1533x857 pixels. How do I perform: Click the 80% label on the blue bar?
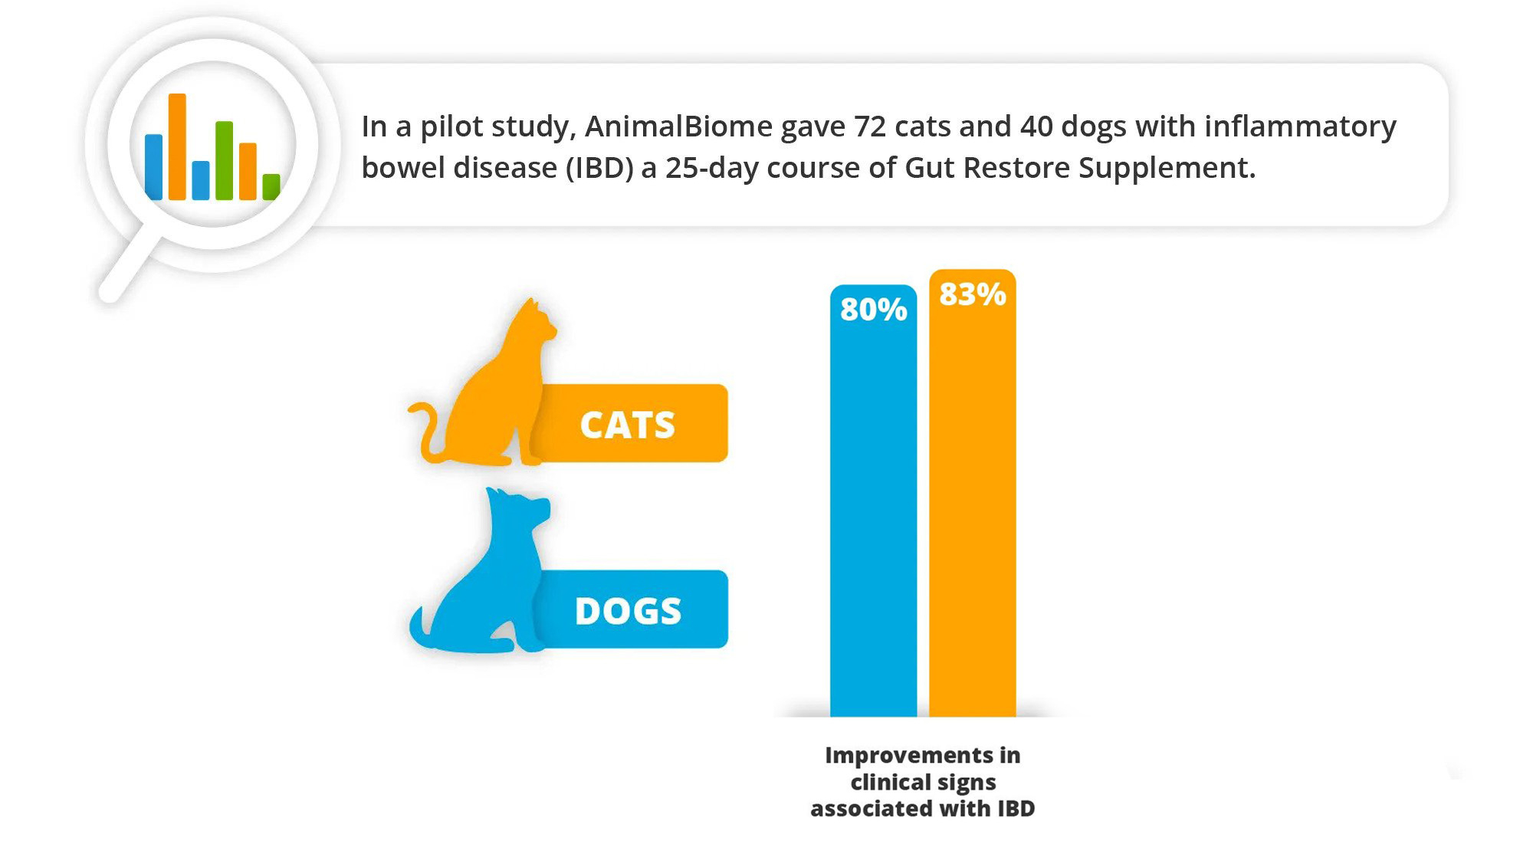(873, 310)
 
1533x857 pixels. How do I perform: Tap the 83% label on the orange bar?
(973, 294)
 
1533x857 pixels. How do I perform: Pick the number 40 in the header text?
(1036, 126)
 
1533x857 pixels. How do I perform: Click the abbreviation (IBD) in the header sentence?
(599, 168)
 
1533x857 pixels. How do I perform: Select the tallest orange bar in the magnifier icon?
(177, 146)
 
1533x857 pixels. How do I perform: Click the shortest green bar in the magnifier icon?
(271, 187)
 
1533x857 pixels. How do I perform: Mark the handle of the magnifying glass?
(130, 264)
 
